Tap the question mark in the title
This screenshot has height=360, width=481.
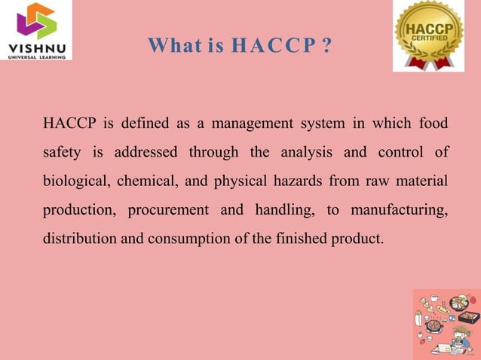(326, 47)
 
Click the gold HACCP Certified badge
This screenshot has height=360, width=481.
(428, 35)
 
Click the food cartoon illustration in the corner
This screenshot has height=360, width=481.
(446, 324)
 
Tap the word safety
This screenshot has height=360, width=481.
(62, 152)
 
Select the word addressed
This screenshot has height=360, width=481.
(146, 152)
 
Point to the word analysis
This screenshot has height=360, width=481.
(307, 152)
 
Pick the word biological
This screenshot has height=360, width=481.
(76, 182)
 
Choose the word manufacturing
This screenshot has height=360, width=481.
(400, 211)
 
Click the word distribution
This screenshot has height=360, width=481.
(79, 240)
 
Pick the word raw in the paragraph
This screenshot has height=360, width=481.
(372, 182)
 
